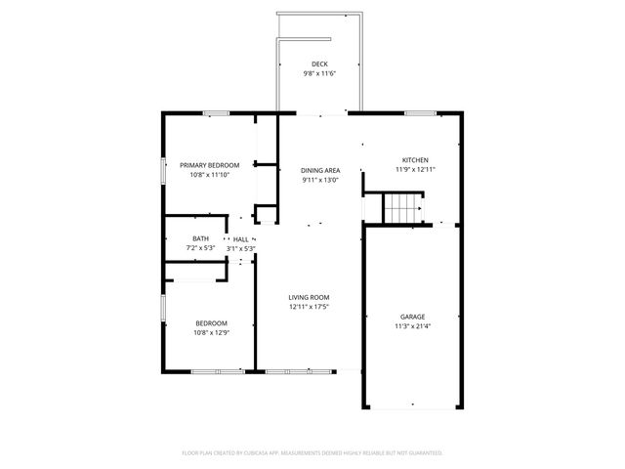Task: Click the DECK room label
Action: coord(319,64)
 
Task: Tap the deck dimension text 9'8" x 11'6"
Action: coord(319,74)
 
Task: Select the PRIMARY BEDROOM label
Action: coord(209,165)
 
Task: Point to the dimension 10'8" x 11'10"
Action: coord(209,175)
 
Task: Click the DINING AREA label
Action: coord(319,170)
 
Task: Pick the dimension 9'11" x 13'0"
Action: coord(319,180)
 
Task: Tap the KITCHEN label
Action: coord(415,159)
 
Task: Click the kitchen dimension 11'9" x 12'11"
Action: coord(415,169)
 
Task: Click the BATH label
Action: coord(200,238)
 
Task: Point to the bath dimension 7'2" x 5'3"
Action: coord(200,248)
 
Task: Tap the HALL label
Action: coord(240,238)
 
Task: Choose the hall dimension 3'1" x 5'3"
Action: coord(240,248)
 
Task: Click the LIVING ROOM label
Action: coord(309,297)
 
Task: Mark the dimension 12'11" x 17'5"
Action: coord(309,307)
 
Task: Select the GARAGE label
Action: coord(412,317)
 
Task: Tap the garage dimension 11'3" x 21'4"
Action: coord(412,326)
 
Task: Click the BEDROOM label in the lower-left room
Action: coord(211,323)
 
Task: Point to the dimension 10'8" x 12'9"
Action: coord(211,333)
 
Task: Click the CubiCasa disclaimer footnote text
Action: coord(312,452)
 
